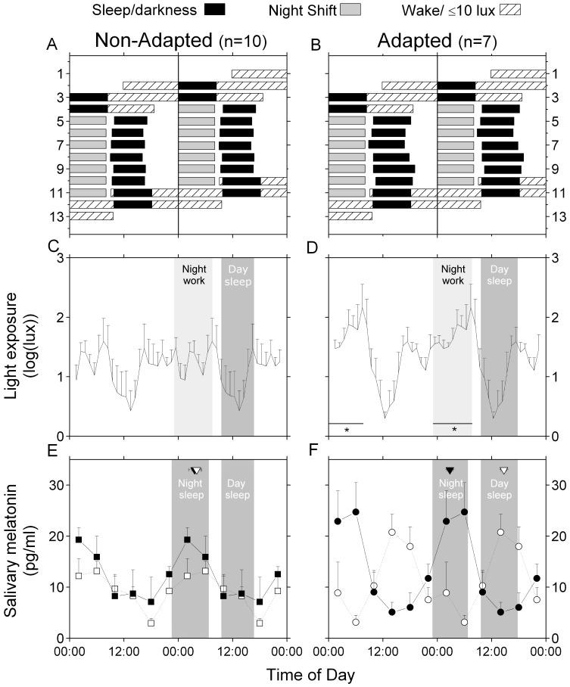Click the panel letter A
click(x=52, y=45)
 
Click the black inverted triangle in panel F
click(x=450, y=471)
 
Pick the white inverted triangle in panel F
click(x=503, y=471)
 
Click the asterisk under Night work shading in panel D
click(x=454, y=430)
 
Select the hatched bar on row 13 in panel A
click(x=91, y=216)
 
